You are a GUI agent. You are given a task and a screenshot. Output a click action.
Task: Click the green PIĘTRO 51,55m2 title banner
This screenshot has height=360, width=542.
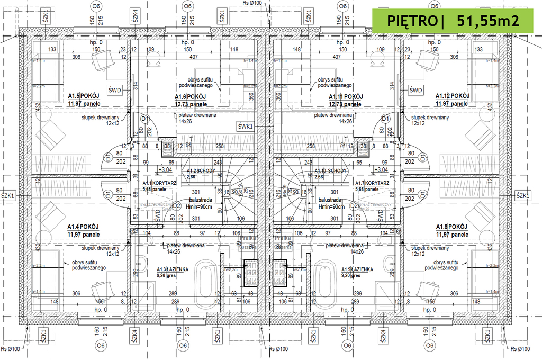tap(452, 21)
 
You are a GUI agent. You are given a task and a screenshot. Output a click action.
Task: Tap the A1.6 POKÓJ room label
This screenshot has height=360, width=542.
tap(191, 97)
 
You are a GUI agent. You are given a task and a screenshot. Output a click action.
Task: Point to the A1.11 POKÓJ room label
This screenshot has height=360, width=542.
tap(345, 97)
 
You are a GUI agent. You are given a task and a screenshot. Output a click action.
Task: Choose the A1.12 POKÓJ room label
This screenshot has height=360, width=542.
tap(453, 96)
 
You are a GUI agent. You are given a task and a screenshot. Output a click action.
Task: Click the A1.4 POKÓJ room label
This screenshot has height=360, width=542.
tap(83, 226)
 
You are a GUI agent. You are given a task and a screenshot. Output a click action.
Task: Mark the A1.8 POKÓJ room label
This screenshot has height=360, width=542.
tap(452, 226)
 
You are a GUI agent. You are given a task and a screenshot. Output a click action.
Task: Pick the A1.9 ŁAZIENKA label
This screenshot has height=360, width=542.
tap(357, 269)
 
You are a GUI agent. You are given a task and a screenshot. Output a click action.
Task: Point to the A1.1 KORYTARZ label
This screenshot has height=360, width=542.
tap(159, 183)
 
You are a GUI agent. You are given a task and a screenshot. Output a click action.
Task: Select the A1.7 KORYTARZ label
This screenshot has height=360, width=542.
tap(374, 183)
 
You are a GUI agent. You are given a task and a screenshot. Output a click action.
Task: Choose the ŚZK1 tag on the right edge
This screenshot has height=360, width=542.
tap(523, 196)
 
